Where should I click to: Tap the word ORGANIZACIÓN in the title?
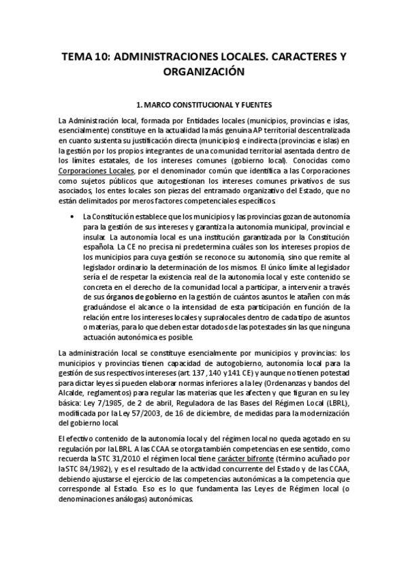coord(204,71)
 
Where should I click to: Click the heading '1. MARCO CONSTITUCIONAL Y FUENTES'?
coord(204,105)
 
